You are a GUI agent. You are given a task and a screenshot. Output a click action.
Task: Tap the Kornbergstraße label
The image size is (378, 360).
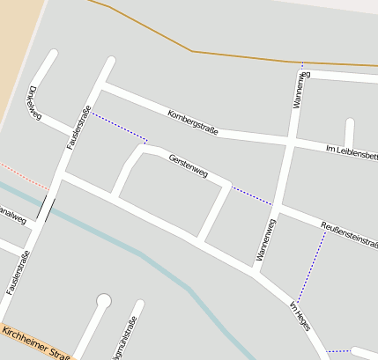[x=192, y=121]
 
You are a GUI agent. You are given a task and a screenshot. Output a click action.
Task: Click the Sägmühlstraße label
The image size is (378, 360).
[x=123, y=339]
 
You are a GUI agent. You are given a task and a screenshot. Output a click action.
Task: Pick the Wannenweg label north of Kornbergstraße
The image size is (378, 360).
[x=297, y=91]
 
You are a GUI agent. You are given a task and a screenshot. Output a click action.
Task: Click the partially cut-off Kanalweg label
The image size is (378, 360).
[x=11, y=219]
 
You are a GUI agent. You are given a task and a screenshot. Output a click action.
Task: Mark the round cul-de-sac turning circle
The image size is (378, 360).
[x=104, y=302]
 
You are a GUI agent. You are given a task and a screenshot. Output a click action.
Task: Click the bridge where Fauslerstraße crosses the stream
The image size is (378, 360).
[x=45, y=209]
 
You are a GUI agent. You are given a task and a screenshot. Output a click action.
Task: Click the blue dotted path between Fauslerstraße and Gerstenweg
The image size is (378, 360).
[x=119, y=127]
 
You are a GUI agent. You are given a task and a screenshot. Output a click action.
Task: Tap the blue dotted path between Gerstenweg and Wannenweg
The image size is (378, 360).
[x=252, y=195]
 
